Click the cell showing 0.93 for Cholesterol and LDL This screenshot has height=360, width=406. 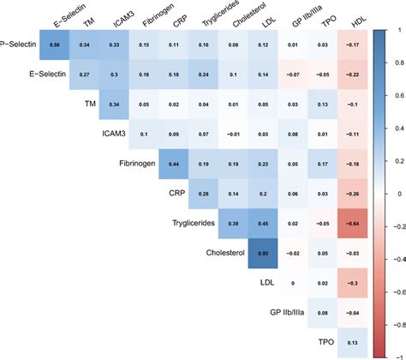[x=262, y=255]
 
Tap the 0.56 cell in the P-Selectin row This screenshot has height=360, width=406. [x=55, y=42]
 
